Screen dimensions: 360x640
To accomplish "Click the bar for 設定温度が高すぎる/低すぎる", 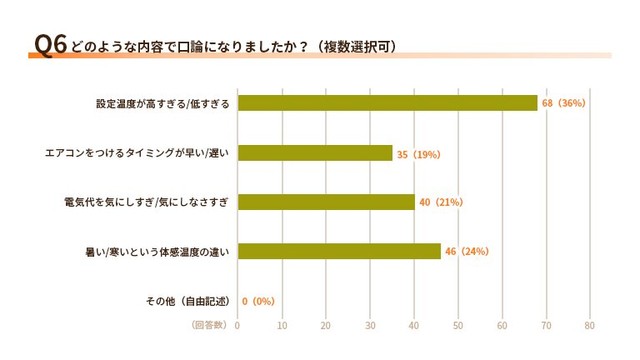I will pyautogui.click(x=388, y=103).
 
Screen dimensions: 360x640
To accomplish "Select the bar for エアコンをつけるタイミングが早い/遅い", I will pyautogui.click(x=315, y=153).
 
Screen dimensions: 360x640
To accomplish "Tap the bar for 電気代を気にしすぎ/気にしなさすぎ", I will pyautogui.click(x=326, y=202).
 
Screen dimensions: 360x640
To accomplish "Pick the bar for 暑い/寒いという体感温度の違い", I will pyautogui.click(x=339, y=251).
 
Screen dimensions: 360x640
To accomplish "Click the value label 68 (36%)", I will pyautogui.click(x=563, y=103).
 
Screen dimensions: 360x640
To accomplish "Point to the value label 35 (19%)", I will pyautogui.click(x=418, y=153).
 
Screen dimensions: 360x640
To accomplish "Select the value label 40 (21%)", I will pyautogui.click(x=440, y=202).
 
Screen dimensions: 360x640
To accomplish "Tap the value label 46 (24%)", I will pyautogui.click(x=466, y=251).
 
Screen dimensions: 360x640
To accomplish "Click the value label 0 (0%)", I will pyautogui.click(x=258, y=301).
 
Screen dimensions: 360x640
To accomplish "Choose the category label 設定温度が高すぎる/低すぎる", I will pyautogui.click(x=163, y=103).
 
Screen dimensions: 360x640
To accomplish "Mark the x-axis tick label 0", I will pyautogui.click(x=238, y=325).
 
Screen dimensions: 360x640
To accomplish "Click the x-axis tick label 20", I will pyautogui.click(x=326, y=325).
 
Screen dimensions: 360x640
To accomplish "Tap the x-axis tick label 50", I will pyautogui.click(x=458, y=325).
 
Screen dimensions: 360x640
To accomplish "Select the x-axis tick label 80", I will pyautogui.click(x=590, y=325).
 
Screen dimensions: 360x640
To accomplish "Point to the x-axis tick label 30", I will pyautogui.click(x=370, y=325).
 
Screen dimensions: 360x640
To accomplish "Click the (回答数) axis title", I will pyautogui.click(x=208, y=325).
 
